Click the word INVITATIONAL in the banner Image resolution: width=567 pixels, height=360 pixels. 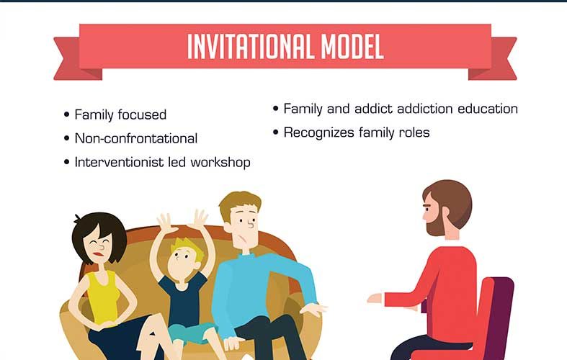(250, 47)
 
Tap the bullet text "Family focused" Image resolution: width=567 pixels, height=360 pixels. (120, 115)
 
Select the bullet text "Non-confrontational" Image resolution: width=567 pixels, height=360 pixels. (136, 138)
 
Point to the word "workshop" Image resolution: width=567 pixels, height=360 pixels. (220, 162)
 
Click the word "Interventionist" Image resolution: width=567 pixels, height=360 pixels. (119, 162)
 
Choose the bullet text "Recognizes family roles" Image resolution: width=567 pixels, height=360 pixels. (357, 132)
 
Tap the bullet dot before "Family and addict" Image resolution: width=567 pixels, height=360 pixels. (276, 109)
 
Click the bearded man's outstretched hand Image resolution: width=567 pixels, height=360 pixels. (375, 299)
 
